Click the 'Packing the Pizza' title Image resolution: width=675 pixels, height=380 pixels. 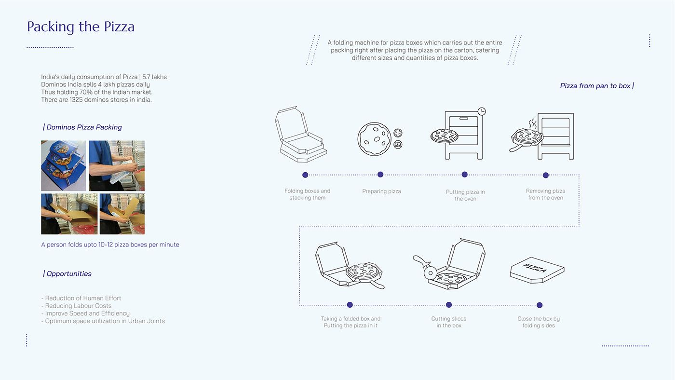tap(81, 27)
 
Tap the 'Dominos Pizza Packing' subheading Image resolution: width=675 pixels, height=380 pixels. tap(83, 127)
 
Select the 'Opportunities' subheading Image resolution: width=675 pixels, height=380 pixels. tap(68, 274)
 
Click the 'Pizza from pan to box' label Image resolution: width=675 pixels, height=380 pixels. tap(596, 86)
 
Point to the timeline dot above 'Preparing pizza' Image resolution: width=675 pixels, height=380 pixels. tap(380, 175)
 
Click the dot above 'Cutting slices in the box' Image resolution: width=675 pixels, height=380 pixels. tap(449, 305)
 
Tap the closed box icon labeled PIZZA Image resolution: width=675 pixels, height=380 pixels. tap(537, 270)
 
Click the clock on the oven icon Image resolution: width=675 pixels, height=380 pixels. tap(481, 111)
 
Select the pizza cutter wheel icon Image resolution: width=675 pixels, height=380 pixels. tap(430, 272)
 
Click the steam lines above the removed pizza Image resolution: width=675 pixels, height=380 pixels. tap(532, 124)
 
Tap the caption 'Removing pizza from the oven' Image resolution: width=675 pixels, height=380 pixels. tap(545, 194)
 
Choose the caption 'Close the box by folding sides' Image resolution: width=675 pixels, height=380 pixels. tap(539, 322)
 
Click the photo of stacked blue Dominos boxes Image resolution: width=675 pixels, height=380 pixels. tap(63, 165)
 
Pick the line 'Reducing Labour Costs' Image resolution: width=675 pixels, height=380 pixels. tap(78, 306)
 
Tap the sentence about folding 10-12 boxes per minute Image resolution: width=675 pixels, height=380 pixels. tap(110, 245)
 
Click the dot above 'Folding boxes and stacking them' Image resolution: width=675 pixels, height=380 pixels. tap(305, 175)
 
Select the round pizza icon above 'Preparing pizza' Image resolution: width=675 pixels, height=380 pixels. tap(374, 139)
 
